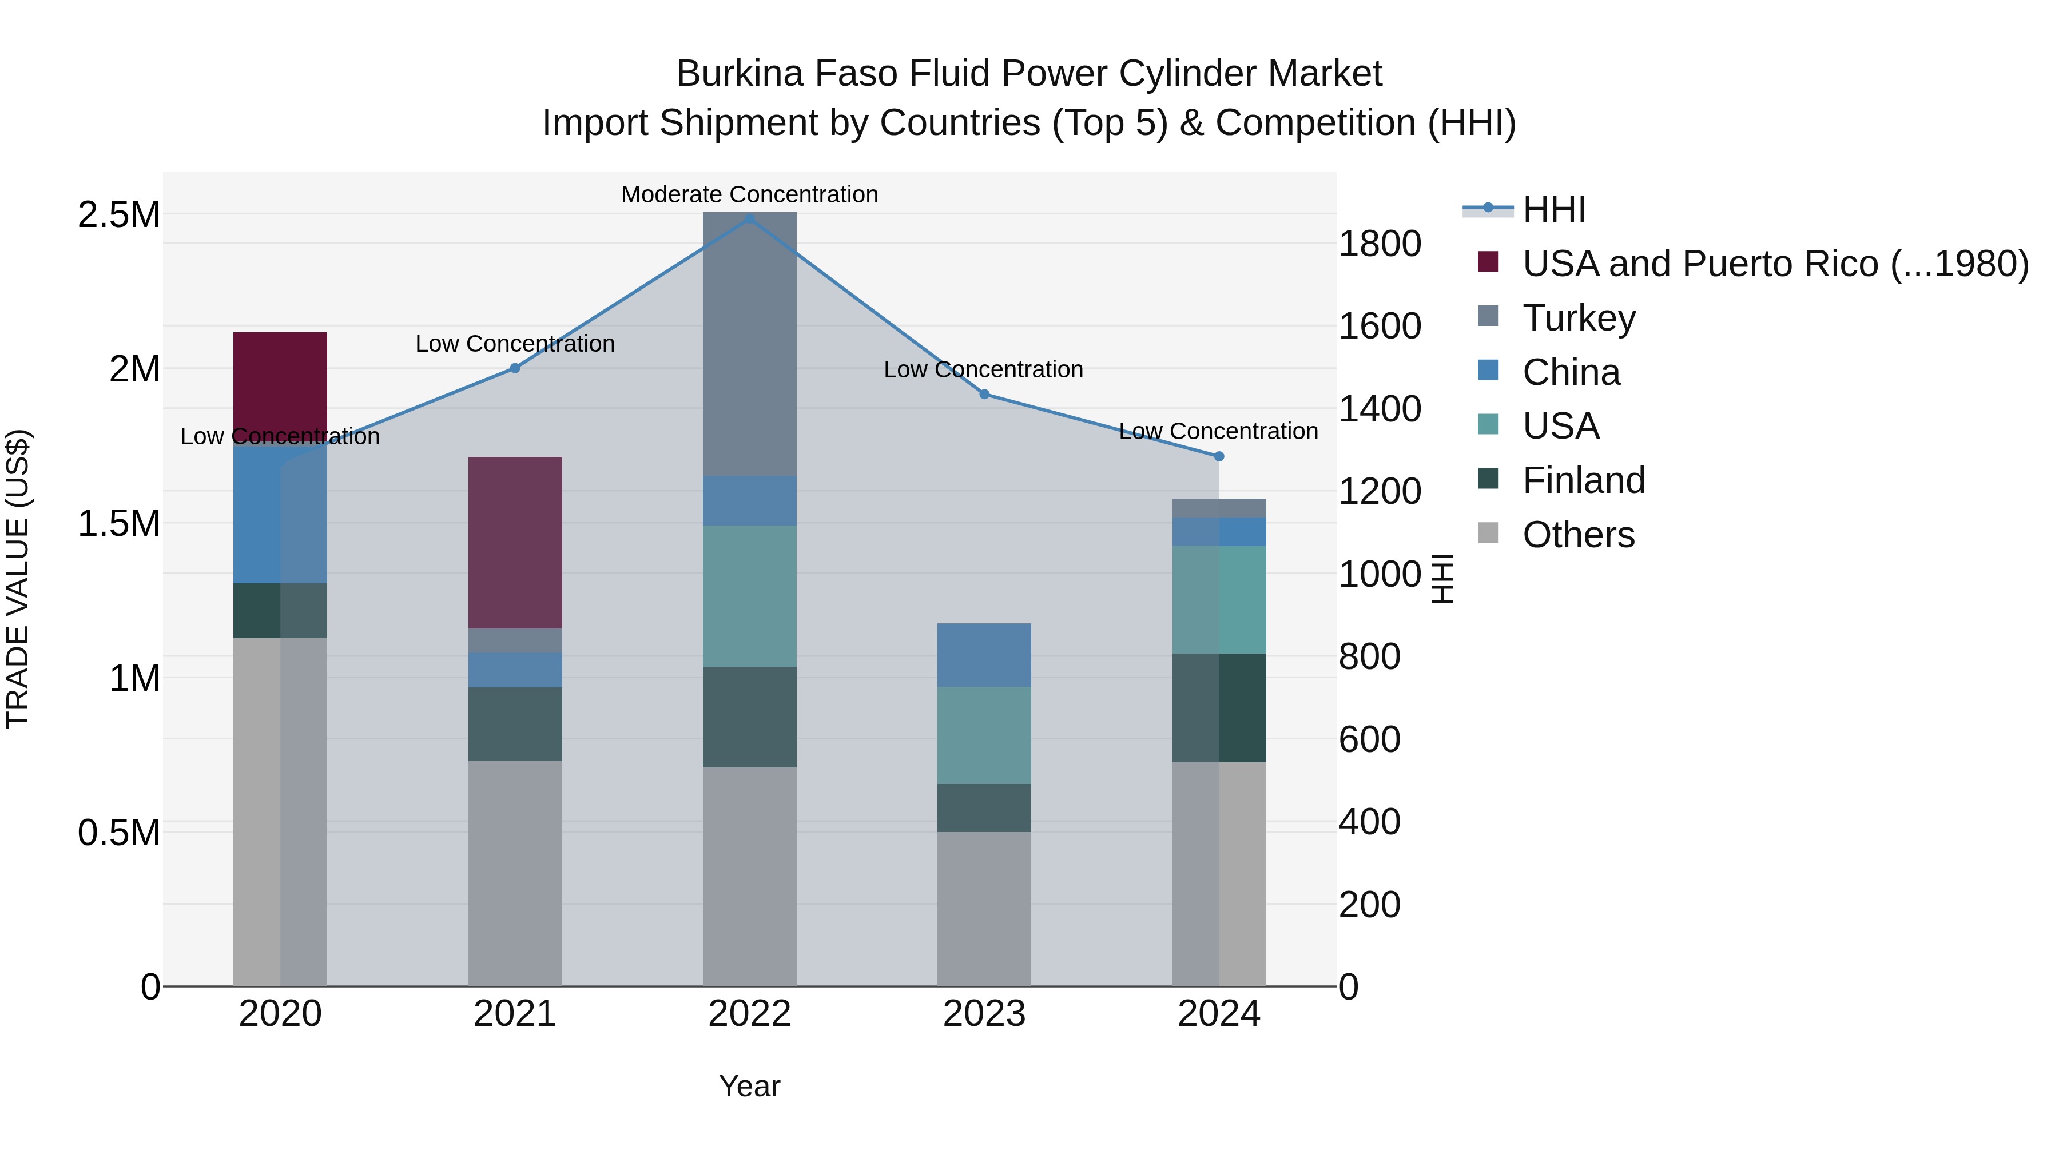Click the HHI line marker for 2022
pyautogui.click(x=749, y=218)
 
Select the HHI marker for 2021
pyautogui.click(x=515, y=368)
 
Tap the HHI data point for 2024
pyautogui.click(x=1218, y=456)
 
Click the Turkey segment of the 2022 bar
pyautogui.click(x=749, y=344)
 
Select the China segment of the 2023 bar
pyautogui.click(x=983, y=655)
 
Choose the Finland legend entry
pyautogui.click(x=1583, y=480)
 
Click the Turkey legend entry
pyautogui.click(x=1579, y=318)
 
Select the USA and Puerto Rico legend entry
pyautogui.click(x=1774, y=264)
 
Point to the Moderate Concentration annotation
pyautogui.click(x=749, y=194)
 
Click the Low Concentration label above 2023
pyautogui.click(x=983, y=369)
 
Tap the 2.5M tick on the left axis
pyautogui.click(x=118, y=214)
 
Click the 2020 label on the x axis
pyautogui.click(x=280, y=1013)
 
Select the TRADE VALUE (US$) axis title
pyautogui.click(x=18, y=579)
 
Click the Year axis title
pyautogui.click(x=749, y=1086)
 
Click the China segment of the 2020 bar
pyautogui.click(x=280, y=511)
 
